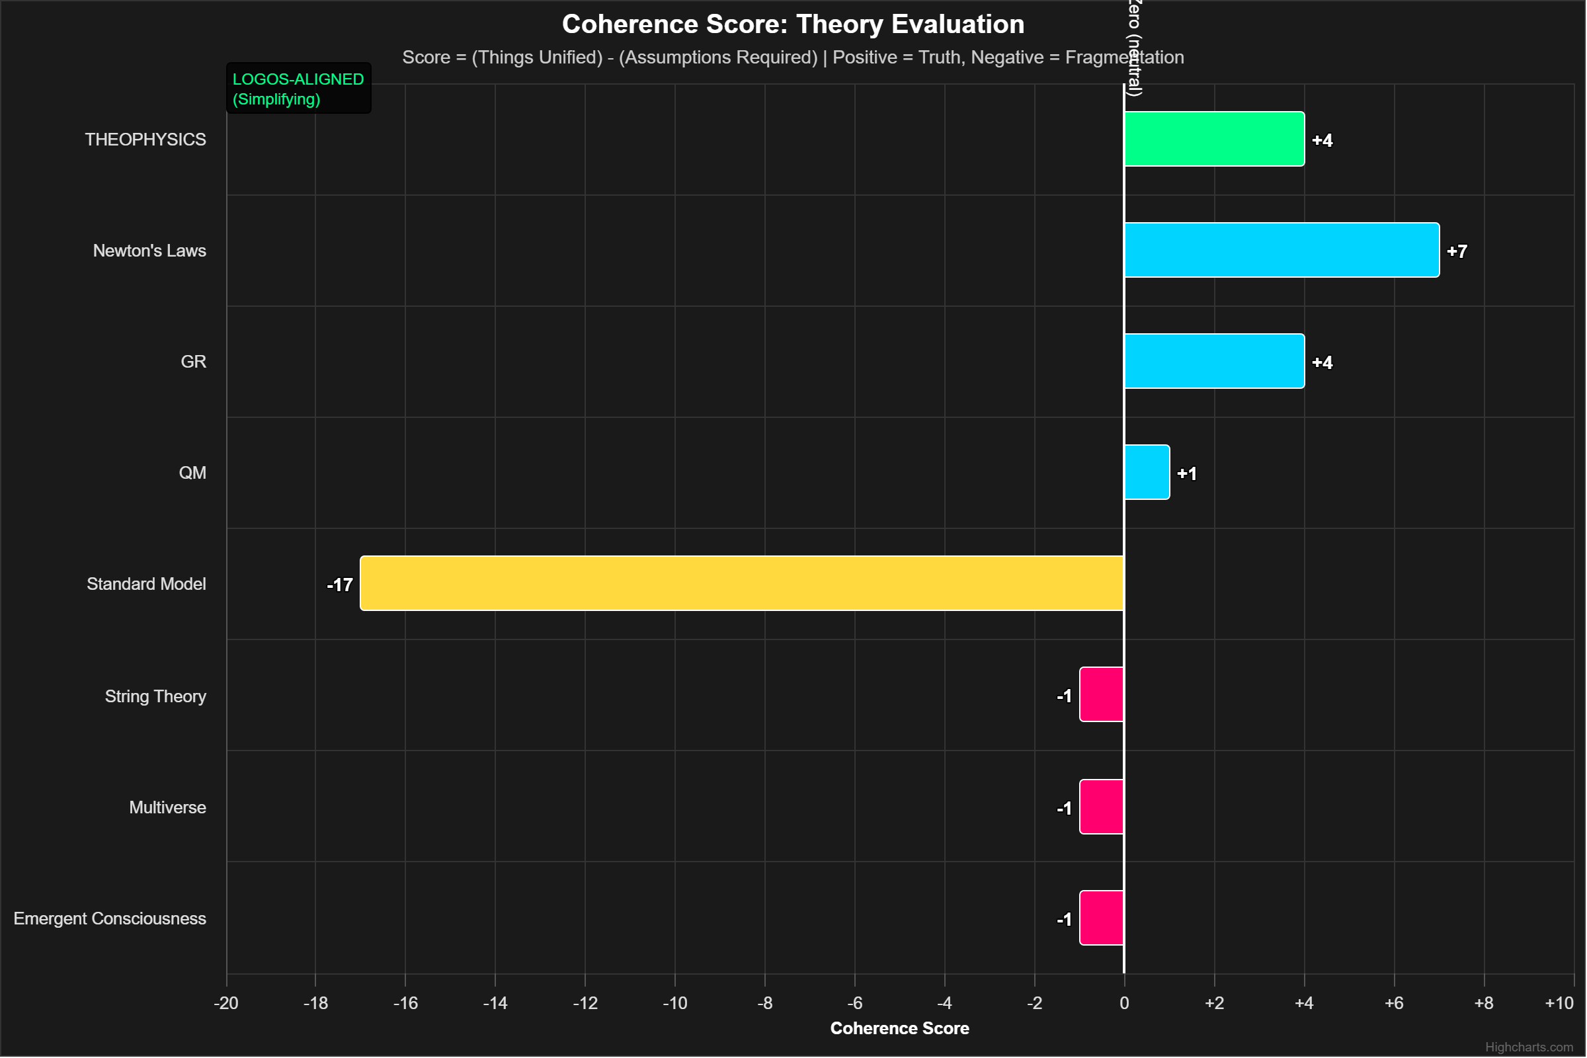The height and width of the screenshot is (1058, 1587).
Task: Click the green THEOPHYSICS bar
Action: [x=1214, y=139]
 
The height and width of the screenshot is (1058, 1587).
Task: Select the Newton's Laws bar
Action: [x=1282, y=250]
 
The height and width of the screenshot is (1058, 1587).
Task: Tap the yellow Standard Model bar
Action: [x=741, y=583]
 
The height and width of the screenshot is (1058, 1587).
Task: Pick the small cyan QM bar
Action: [x=1147, y=472]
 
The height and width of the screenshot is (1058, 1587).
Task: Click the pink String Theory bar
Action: [x=1101, y=694]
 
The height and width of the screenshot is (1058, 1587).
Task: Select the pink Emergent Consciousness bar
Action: [x=1101, y=918]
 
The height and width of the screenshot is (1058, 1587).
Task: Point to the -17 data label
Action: [x=339, y=585]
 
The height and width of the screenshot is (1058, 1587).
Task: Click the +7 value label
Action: [x=1457, y=251]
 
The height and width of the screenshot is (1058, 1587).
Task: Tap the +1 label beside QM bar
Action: [x=1186, y=473]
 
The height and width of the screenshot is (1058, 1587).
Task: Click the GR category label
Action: [x=193, y=362]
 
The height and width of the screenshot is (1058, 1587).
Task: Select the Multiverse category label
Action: [x=167, y=807]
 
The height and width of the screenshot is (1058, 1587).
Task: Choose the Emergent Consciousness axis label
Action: [x=110, y=918]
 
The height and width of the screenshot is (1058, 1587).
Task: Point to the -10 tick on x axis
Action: [x=674, y=1002]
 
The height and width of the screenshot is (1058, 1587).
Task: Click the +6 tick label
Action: [x=1394, y=1002]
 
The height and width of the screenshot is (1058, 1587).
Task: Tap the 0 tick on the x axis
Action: [x=1124, y=1002]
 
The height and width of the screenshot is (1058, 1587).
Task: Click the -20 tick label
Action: [x=226, y=1002]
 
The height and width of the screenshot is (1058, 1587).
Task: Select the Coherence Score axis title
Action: [x=899, y=1028]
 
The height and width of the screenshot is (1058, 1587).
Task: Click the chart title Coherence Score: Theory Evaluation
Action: [x=793, y=24]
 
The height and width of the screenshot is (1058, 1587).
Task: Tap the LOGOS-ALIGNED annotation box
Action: [x=298, y=89]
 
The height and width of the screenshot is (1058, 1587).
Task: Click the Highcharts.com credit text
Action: [x=1528, y=1047]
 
